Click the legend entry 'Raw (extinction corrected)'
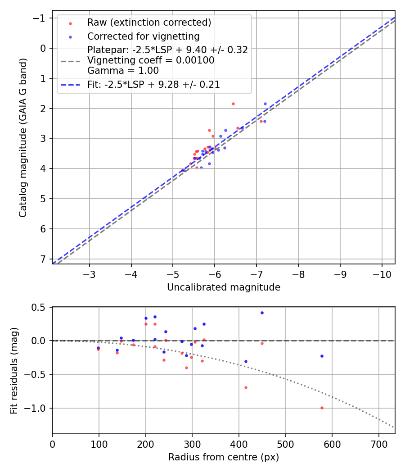coord(149,23)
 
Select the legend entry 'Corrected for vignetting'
coord(143,36)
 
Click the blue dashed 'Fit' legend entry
coord(153,84)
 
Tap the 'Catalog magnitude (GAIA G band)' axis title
coord(22,137)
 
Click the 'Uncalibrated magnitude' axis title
coord(224,287)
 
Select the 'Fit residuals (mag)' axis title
coord(13,370)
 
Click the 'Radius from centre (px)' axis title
coord(224,457)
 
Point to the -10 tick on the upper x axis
coord(382,274)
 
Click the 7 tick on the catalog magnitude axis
coord(44,259)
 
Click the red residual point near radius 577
coord(322,408)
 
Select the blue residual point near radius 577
coord(322,356)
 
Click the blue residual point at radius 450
coord(262,313)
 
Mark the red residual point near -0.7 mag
coord(246,387)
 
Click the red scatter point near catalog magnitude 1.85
coord(233,104)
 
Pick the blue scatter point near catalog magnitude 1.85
coord(265,104)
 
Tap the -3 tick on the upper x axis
coord(90,274)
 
